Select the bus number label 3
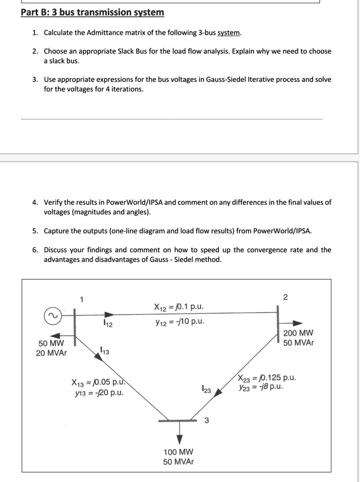tap(206, 420)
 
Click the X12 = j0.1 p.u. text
tap(179, 307)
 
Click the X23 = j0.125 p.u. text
tap(267, 378)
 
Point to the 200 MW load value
tap(295, 333)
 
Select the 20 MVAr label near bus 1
tap(51, 353)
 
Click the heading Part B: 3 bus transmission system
tap(93, 12)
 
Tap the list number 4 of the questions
tap(35, 202)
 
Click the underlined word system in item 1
tap(229, 33)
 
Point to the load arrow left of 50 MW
tap(56, 335)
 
